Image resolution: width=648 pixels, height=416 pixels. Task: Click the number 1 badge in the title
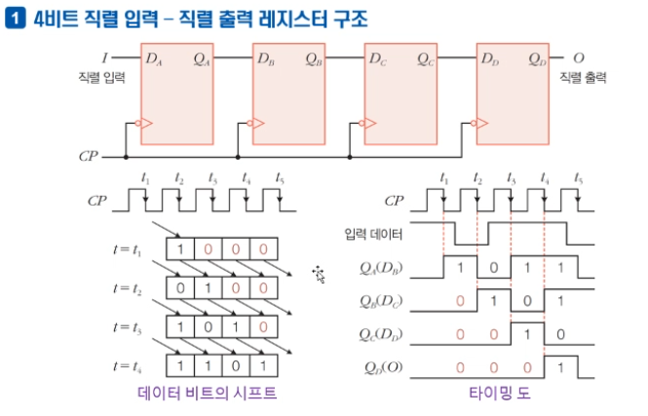coord(16,19)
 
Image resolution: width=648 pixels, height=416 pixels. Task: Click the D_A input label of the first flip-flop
coord(154,59)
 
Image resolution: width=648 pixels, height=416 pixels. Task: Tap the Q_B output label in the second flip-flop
coord(314,59)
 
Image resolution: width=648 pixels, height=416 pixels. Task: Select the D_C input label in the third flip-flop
coord(378,59)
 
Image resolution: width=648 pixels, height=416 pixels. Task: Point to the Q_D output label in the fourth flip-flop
coord(537,59)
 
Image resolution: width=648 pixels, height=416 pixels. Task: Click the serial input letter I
coord(105,58)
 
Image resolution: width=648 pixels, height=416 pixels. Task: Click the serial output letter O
coord(579,58)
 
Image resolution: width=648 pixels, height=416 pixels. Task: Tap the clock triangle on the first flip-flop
coord(147,123)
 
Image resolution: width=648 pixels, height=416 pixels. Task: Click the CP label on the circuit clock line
coord(89,156)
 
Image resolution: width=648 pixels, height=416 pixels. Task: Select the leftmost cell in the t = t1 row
coord(180,249)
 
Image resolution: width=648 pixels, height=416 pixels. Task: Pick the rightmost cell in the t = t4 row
coord(263,365)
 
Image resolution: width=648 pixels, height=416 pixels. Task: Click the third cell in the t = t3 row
coord(236,326)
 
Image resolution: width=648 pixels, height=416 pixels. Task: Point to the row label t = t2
coord(128,288)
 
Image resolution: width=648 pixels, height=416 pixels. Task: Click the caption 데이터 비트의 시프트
coord(207,393)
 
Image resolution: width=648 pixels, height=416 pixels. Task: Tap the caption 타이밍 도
coord(499,393)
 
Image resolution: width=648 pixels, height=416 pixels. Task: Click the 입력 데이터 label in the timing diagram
coord(373,234)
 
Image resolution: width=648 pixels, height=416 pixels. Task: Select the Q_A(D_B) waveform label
coord(381,269)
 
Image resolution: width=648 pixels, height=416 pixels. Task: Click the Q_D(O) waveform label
coord(383,367)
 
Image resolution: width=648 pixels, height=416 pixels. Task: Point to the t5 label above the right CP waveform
coord(578,178)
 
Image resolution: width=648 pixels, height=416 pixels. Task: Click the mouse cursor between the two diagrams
coord(319,274)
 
